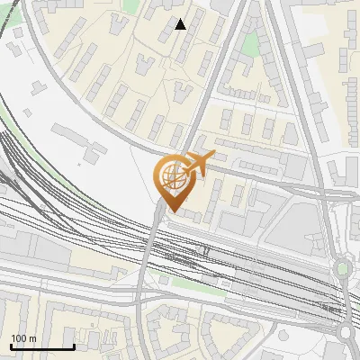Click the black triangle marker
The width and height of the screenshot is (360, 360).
click(x=181, y=24)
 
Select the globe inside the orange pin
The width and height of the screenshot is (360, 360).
click(x=172, y=180)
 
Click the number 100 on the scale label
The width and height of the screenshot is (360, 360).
click(x=18, y=338)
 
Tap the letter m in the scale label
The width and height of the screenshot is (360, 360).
click(x=32, y=338)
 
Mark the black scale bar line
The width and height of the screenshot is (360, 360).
click(x=41, y=346)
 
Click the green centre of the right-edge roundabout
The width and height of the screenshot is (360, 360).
click(x=342, y=268)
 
